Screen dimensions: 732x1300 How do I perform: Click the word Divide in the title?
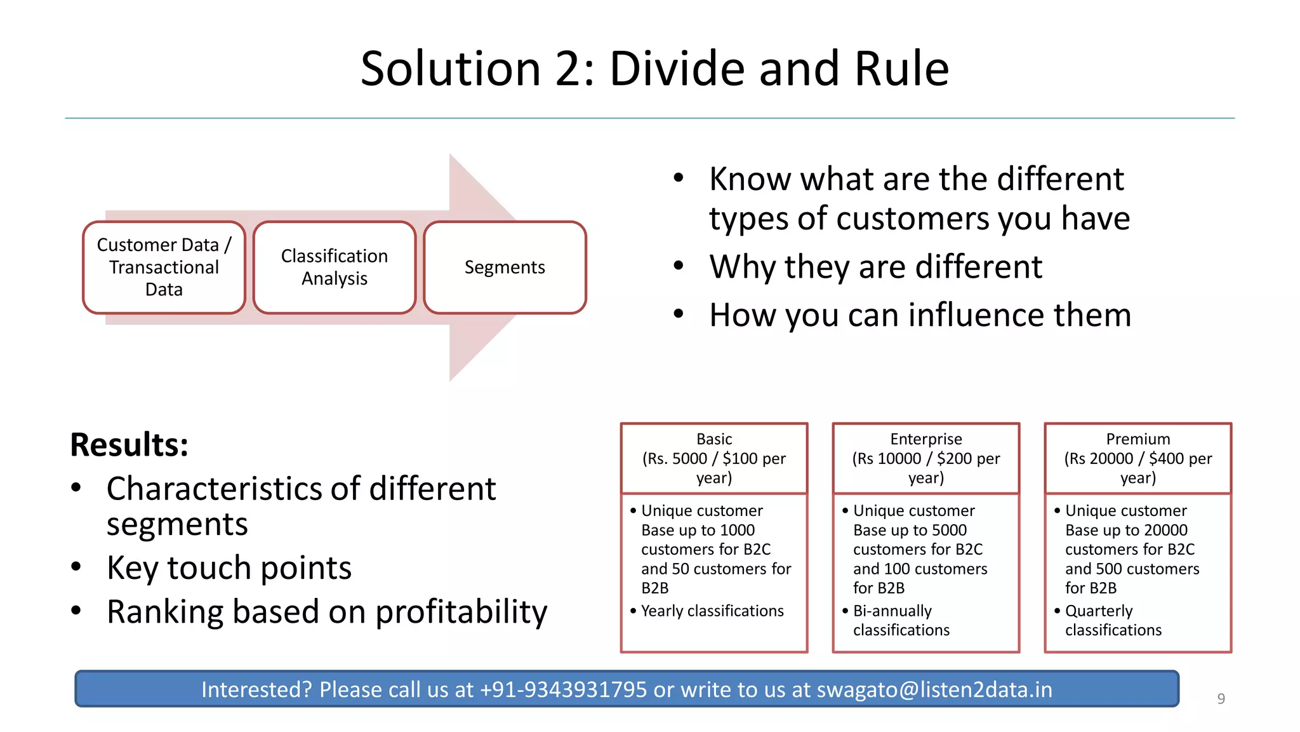tap(678, 69)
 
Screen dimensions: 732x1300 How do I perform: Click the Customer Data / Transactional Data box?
tap(164, 268)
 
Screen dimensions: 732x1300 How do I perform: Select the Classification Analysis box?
tap(335, 268)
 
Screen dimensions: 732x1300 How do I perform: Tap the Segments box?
tap(505, 268)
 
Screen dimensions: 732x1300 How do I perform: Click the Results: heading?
tap(129, 445)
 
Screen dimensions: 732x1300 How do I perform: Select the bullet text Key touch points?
tap(229, 567)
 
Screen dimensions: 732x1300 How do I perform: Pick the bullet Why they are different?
tap(875, 267)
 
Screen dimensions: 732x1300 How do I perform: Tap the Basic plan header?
tap(714, 458)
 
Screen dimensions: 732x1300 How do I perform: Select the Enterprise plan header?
tap(926, 458)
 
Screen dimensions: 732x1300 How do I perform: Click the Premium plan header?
tap(1138, 458)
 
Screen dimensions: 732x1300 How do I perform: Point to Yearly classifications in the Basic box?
tap(712, 611)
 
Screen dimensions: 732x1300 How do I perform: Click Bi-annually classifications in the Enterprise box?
tap(901, 621)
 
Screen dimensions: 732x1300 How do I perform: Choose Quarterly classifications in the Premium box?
tap(1113, 621)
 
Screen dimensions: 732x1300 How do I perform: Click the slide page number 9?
tap(1221, 699)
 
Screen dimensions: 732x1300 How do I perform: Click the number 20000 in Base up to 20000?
tap(1165, 531)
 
